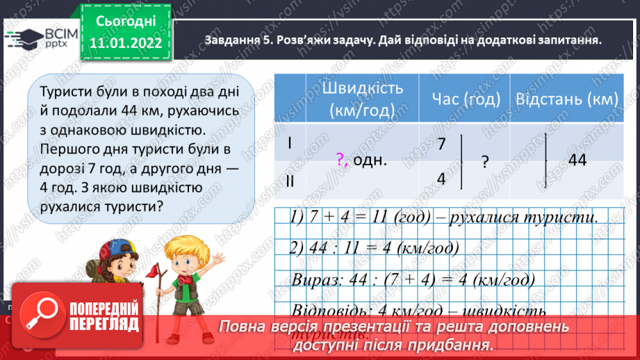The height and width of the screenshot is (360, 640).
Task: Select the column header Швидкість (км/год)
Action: [359, 99]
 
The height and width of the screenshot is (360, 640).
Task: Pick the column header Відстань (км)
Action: [566, 99]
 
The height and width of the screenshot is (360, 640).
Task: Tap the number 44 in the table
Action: [577, 160]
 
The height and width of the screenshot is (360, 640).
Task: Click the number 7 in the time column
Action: [441, 144]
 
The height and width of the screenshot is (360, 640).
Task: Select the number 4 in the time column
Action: [441, 178]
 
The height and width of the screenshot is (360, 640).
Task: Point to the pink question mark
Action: [340, 160]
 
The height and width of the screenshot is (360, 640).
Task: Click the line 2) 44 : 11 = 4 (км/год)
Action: [376, 247]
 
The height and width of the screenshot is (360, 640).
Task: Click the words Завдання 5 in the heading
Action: [236, 40]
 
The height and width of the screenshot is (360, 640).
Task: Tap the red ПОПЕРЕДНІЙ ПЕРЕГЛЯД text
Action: [104, 315]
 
